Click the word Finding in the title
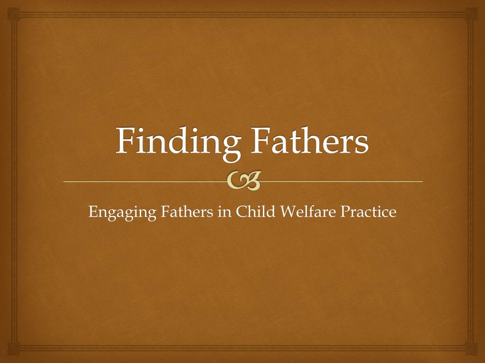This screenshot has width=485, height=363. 178,144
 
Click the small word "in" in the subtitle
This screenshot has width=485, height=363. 225,212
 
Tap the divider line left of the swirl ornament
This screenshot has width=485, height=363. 145,181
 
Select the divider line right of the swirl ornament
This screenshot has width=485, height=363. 342,181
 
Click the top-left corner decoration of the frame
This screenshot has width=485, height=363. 14,14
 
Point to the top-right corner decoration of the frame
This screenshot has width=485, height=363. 471,14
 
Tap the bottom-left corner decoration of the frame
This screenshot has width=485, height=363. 14,349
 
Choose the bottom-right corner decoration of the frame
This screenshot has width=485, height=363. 471,349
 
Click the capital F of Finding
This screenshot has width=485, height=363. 126,140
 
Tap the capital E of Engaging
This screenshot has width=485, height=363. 93,212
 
